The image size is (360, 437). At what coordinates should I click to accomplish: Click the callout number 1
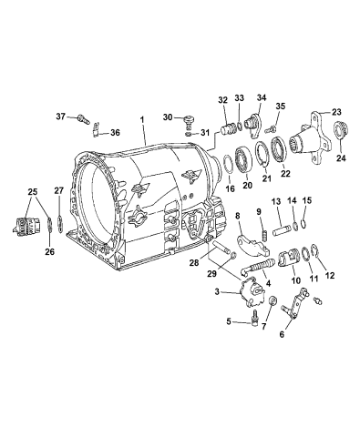point(141,119)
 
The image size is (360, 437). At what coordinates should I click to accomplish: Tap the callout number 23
point(336,112)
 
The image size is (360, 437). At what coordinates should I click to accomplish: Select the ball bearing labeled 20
point(247,160)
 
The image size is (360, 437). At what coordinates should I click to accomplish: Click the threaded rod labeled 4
point(261,267)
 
